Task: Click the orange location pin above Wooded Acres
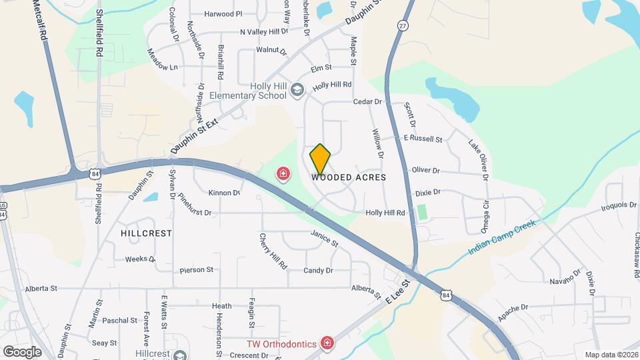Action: click(320, 159)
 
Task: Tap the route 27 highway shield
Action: click(403, 25)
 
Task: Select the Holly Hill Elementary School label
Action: click(248, 91)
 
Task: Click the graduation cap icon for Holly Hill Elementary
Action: click(297, 89)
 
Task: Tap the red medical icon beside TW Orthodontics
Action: click(327, 343)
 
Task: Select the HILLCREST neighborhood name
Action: click(147, 234)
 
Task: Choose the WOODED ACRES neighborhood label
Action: click(349, 178)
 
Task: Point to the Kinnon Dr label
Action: click(224, 193)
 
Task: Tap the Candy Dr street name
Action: click(318, 271)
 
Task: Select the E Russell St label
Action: click(423, 139)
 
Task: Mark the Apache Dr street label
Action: click(513, 308)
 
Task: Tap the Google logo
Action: click(22, 351)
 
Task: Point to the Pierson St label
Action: click(196, 270)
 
